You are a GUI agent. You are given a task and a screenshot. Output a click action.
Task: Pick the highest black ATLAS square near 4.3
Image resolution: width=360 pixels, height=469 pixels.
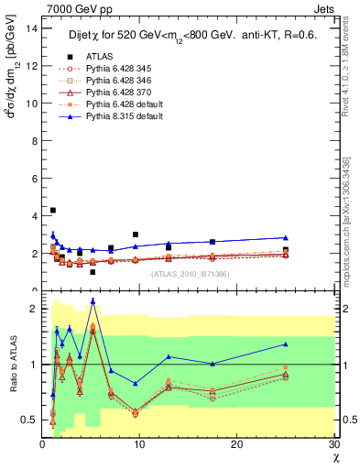coord(52,211)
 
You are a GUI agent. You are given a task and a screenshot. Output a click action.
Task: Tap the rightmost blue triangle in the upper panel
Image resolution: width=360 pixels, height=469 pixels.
coord(286,237)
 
